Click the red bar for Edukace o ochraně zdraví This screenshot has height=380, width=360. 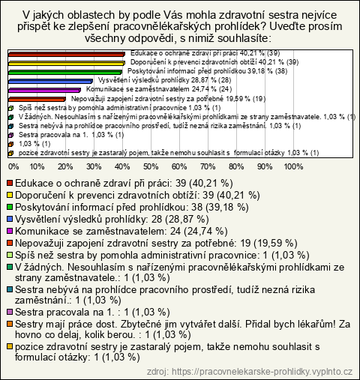click(67, 54)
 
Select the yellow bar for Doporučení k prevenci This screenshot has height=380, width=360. click(67, 63)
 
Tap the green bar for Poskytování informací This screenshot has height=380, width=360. click(65, 72)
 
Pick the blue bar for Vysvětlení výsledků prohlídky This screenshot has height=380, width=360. click(50, 81)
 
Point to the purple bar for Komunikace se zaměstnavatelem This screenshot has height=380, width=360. click(44, 90)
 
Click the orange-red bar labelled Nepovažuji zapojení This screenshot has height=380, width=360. click(37, 99)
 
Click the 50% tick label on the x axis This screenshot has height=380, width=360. click(151, 166)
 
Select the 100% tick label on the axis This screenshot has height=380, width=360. click(293, 166)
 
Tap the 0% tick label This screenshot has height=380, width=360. click(13, 166)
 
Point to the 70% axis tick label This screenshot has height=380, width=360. click(208, 166)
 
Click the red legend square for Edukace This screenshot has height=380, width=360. click(10, 183)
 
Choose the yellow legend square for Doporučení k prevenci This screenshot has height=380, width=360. click(10, 195)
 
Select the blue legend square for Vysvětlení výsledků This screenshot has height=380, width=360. click(10, 219)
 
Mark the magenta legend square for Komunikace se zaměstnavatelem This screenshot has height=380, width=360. click(10, 231)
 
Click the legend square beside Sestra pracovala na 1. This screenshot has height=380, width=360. click(10, 312)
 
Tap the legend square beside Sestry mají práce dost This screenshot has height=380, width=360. click(10, 324)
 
